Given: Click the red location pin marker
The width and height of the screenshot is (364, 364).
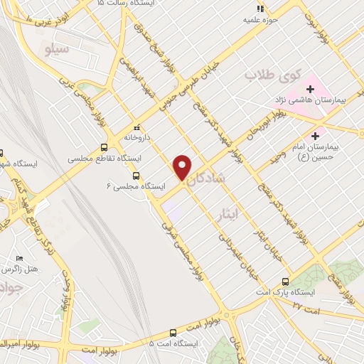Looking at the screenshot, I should (183, 167).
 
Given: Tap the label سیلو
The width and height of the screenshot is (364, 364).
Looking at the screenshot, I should (56, 50).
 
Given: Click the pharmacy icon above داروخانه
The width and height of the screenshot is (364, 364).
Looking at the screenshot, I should (136, 127).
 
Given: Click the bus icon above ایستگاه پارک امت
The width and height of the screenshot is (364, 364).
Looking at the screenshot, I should (286, 282).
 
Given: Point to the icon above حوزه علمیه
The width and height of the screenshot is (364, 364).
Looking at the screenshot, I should (260, 9).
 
